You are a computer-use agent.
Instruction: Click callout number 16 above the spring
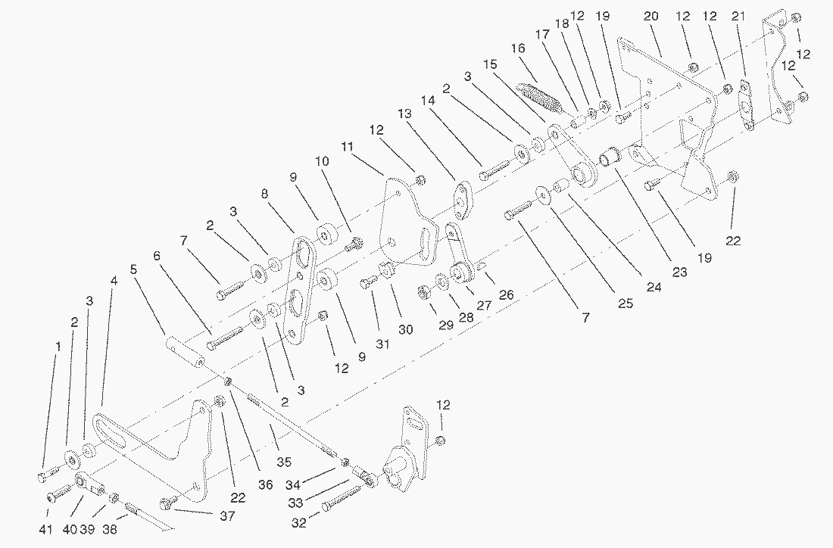pos(518,48)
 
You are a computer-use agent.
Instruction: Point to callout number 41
pos(45,529)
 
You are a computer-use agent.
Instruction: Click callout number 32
pos(300,522)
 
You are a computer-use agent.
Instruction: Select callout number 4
pos(114,281)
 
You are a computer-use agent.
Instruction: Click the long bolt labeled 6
pos(223,335)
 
